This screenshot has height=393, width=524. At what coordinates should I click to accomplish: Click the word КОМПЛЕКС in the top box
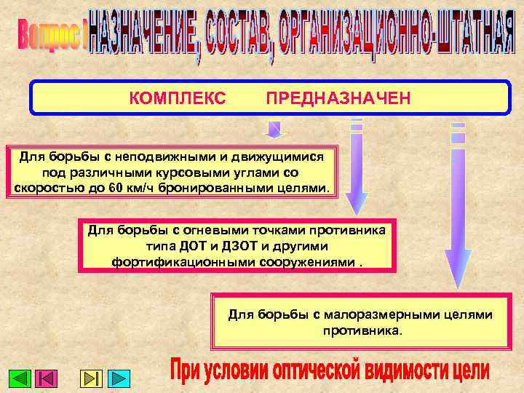coord(177,98)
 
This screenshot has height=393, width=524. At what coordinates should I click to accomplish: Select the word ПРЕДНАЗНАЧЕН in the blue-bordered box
coord(338,98)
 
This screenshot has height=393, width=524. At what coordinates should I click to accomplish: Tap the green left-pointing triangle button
coord(20,378)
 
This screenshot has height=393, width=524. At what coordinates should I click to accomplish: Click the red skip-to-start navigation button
coord(47,378)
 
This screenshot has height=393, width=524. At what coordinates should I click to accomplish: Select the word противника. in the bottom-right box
coord(361,330)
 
